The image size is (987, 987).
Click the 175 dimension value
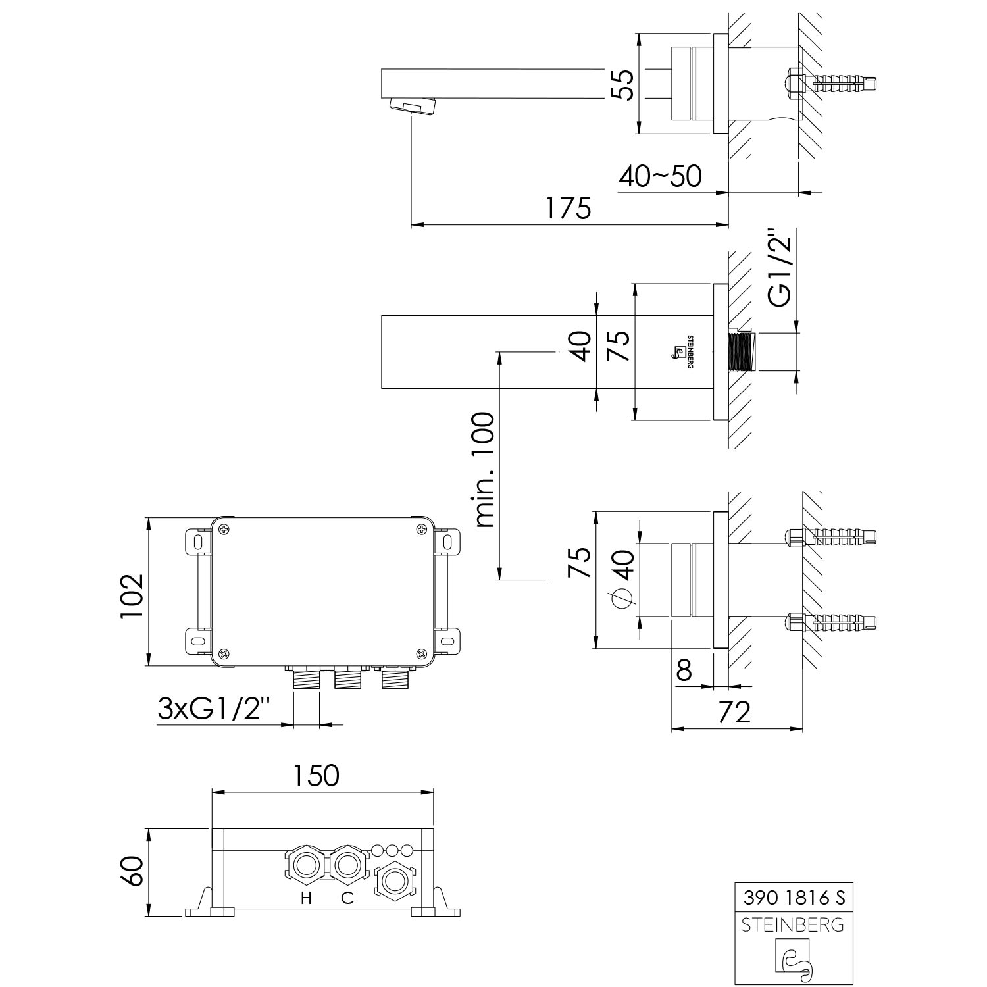click(569, 209)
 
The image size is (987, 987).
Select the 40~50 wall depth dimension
click(660, 176)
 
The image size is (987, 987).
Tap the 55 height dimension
click(621, 85)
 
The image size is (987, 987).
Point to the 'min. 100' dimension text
click(485, 470)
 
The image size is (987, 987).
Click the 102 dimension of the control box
click(132, 596)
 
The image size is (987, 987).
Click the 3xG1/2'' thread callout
click(215, 708)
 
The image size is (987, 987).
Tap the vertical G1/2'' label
click(780, 267)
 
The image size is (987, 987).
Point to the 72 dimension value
click(732, 712)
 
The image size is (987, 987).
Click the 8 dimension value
click(684, 671)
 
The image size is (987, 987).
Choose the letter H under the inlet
click(306, 898)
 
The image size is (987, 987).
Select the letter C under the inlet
click(347, 898)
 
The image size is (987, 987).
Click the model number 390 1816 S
click(793, 897)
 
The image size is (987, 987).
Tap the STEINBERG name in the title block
click(793, 925)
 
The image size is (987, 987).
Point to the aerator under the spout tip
click(413, 105)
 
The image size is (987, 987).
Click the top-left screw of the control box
click(225, 528)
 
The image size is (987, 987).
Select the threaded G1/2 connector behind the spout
click(742, 353)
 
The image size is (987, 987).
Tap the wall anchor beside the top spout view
click(830, 84)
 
